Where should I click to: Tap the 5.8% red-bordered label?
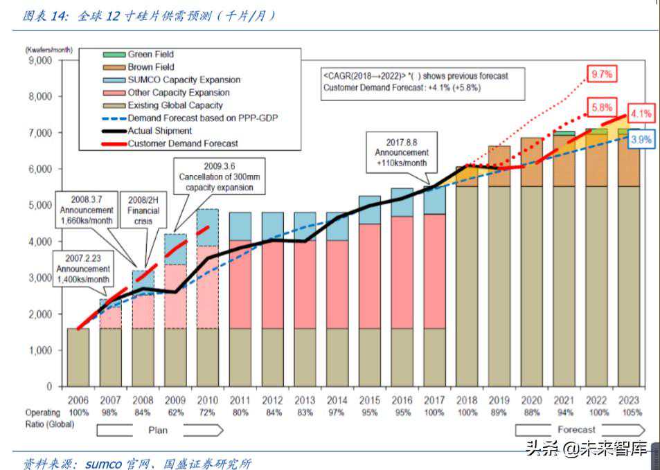(601, 107)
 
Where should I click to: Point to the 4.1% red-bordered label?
(642, 114)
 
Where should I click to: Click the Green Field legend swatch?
(112, 55)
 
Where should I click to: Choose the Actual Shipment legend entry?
(159, 131)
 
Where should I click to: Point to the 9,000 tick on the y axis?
(38, 60)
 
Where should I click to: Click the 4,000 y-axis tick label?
(38, 242)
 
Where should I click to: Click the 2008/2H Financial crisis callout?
(143, 210)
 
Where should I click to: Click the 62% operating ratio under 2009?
(175, 413)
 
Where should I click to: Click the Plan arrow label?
(158, 430)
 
